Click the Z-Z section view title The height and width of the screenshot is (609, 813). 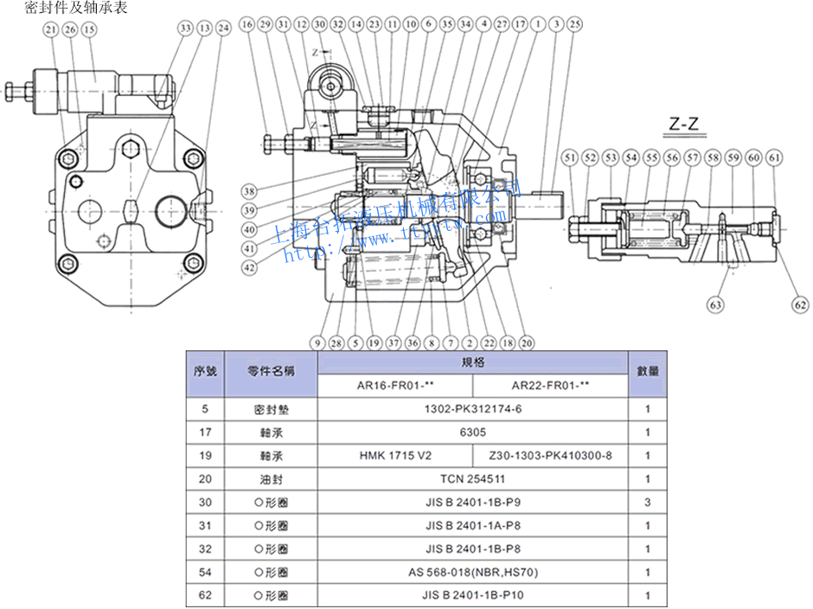[x=684, y=124]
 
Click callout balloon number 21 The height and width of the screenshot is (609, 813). [x=49, y=29]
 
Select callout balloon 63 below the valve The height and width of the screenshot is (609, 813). [x=715, y=304]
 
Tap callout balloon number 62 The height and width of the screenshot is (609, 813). [x=801, y=304]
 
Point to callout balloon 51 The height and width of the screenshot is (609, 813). [x=568, y=157]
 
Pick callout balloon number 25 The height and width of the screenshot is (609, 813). [x=575, y=24]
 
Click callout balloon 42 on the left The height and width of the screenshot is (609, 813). [x=249, y=267]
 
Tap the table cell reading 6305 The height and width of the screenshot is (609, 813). [x=472, y=433]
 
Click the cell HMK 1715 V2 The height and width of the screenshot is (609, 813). [x=395, y=456]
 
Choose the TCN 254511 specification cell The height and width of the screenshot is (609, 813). [x=472, y=479]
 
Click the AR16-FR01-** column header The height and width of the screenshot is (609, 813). [x=395, y=386]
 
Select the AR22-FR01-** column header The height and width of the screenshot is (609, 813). [x=550, y=386]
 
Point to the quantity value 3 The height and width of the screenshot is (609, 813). [x=648, y=503]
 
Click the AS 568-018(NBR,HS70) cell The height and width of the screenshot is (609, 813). [x=472, y=573]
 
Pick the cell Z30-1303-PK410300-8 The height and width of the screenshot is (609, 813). [x=550, y=456]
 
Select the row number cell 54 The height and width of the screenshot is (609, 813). [x=205, y=573]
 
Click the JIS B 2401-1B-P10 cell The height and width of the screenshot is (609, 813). [x=472, y=596]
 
